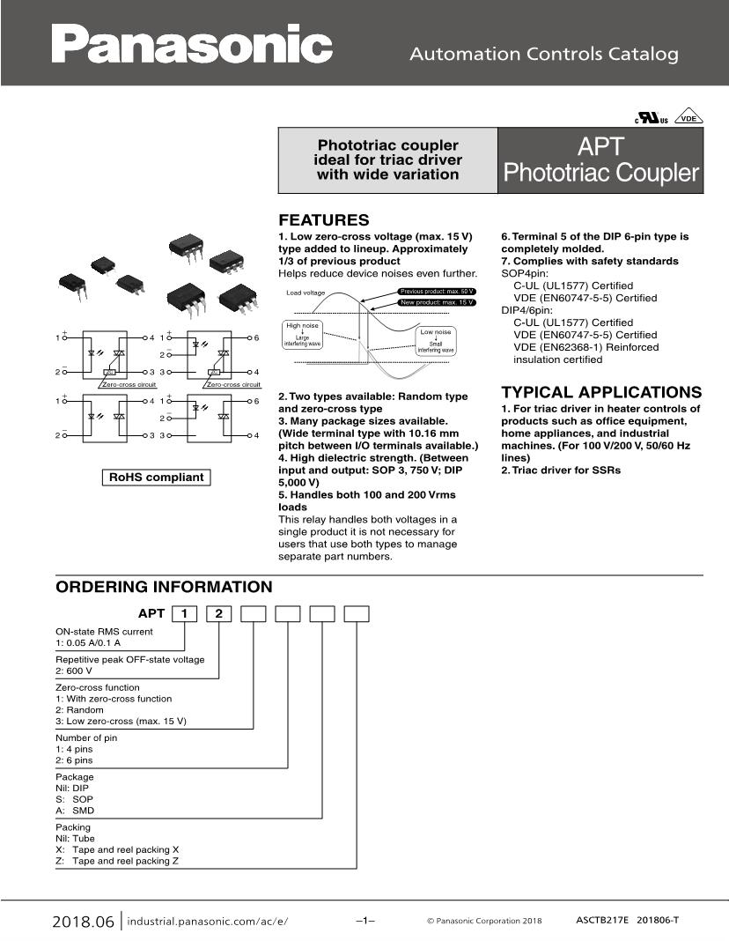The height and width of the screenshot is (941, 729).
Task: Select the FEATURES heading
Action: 323,220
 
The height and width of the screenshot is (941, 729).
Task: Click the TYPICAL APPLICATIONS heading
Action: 601,392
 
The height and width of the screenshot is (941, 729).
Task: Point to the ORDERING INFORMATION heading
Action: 164,587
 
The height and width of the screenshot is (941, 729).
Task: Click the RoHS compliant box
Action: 156,478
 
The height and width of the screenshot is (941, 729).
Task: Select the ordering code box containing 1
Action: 183,614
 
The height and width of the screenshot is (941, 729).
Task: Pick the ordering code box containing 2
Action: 218,614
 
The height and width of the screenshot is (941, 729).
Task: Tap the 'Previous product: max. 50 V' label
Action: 437,291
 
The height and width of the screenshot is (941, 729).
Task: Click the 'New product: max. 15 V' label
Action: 437,302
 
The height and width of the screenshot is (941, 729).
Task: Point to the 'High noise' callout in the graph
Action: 302,326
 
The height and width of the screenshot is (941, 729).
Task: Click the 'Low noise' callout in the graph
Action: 436,332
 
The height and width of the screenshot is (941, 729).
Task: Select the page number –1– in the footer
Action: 365,921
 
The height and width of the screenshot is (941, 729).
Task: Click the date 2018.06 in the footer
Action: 84,922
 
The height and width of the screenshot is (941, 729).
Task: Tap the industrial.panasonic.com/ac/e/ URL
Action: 208,922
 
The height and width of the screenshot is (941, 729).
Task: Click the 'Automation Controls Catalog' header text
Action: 544,54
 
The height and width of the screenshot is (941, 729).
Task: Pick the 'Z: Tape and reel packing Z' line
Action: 117,861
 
